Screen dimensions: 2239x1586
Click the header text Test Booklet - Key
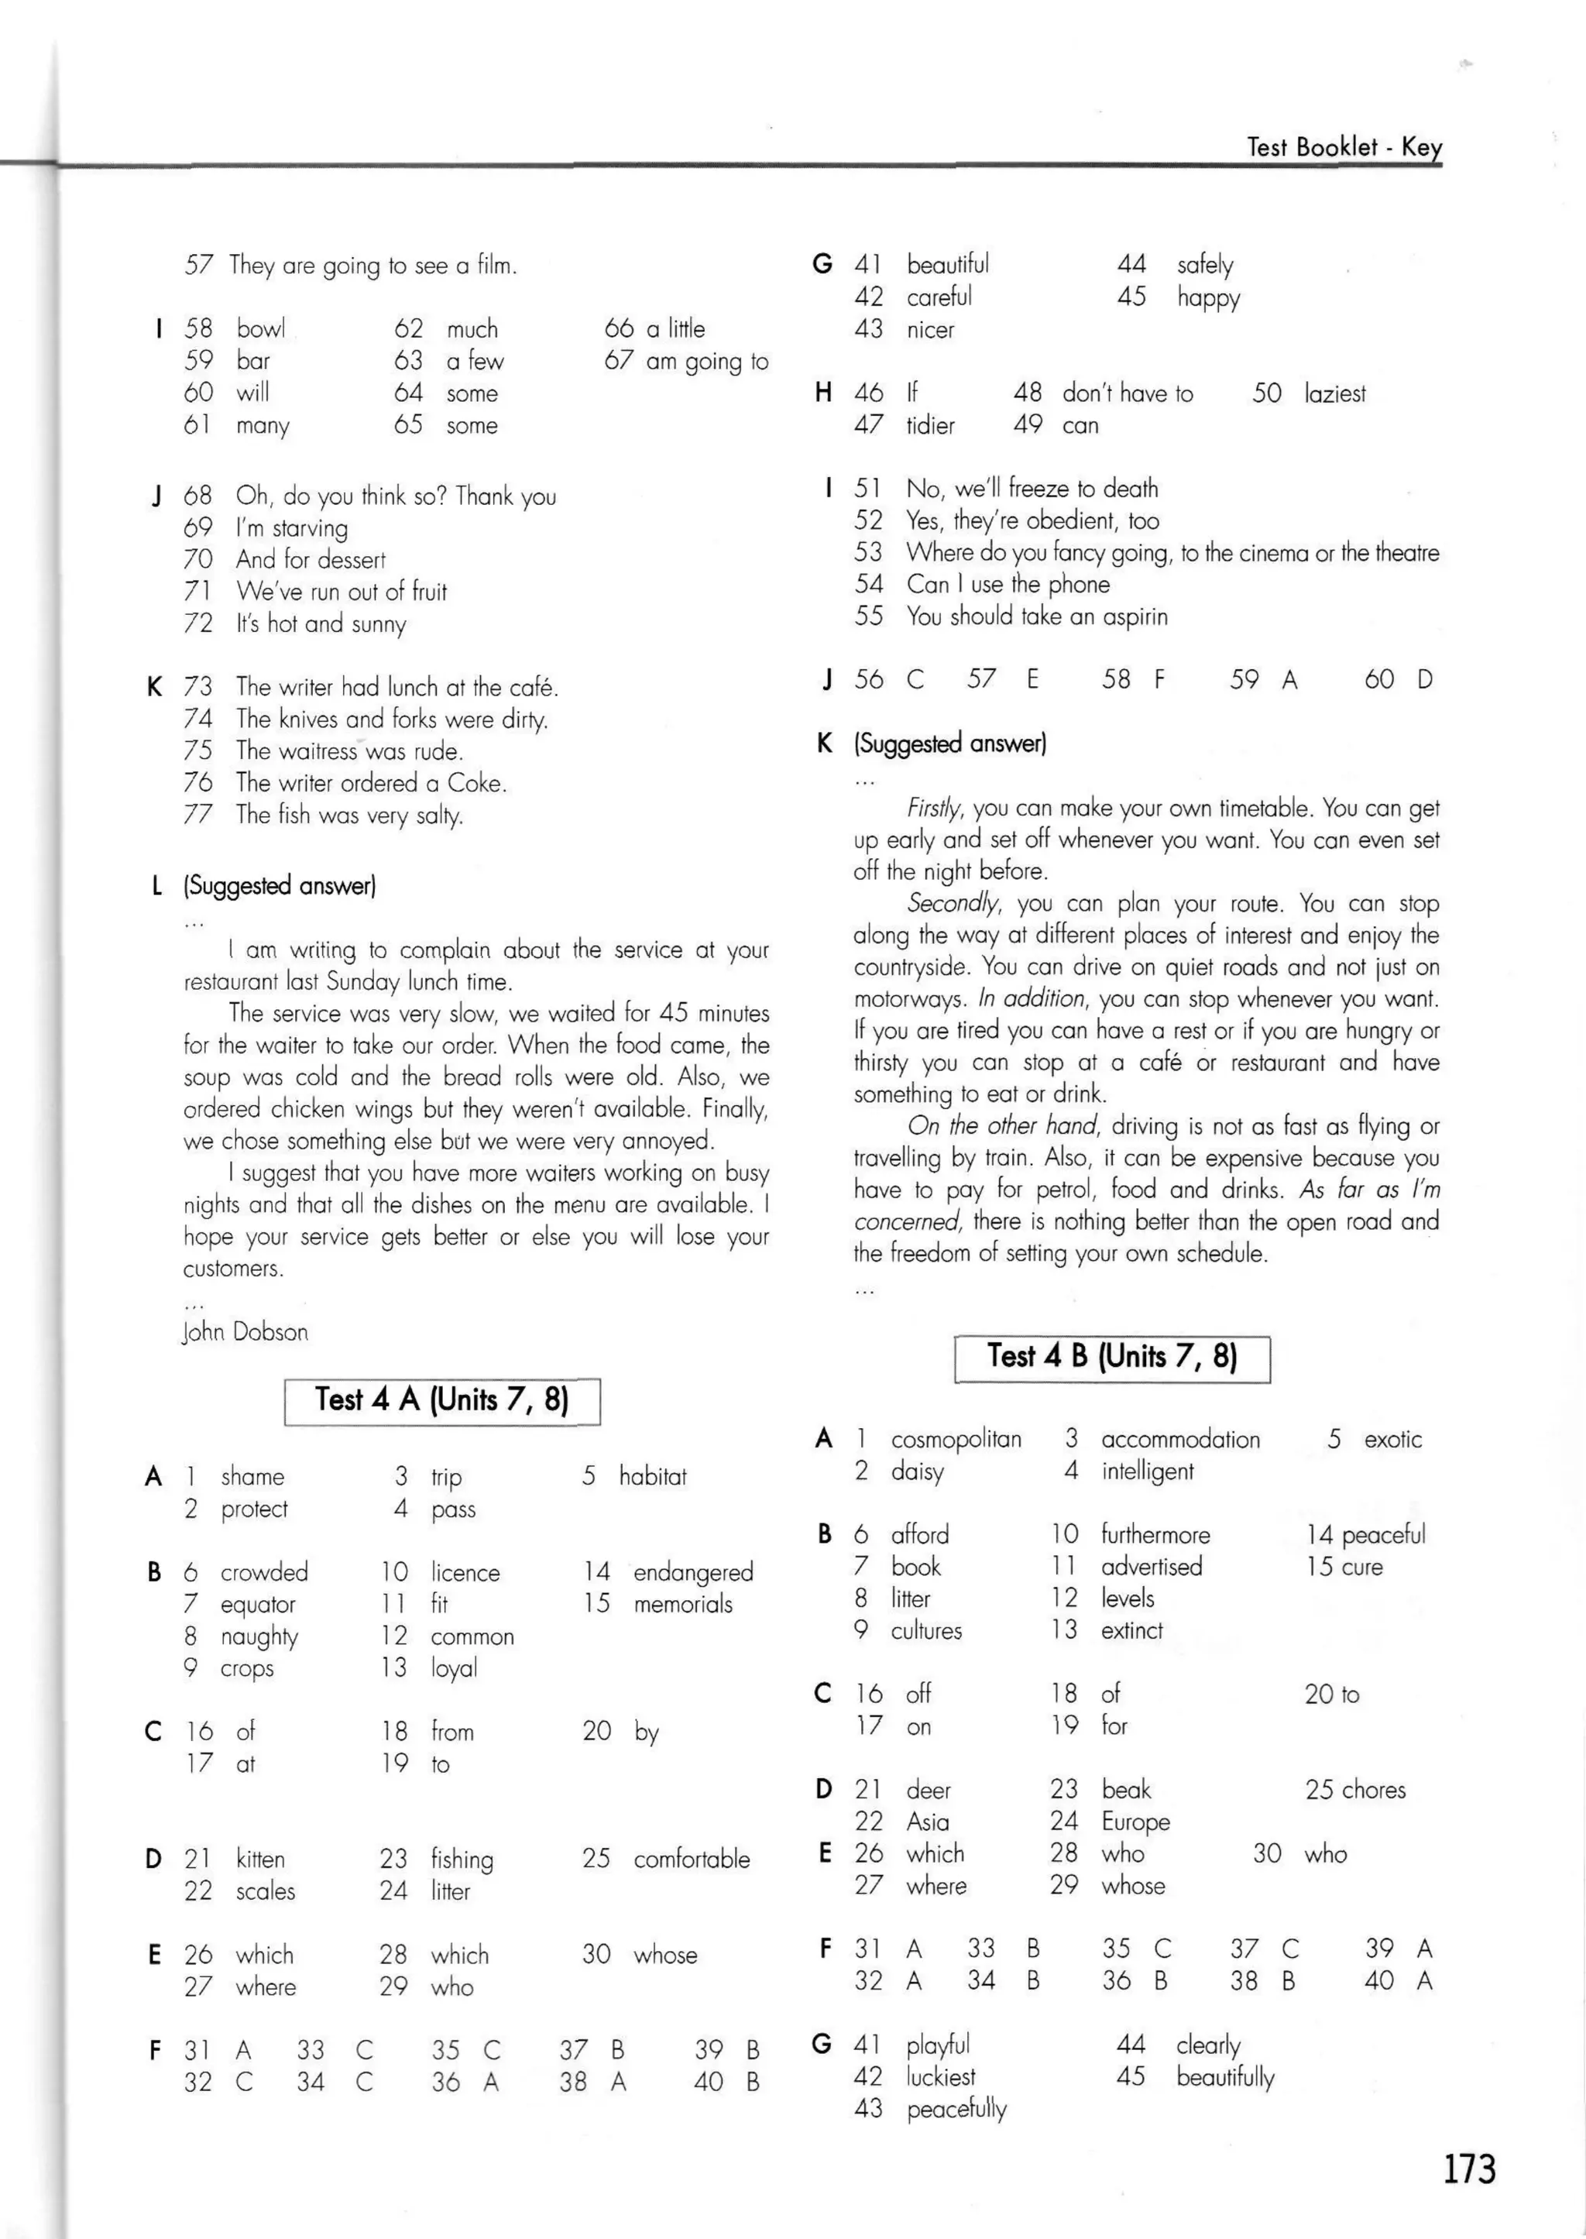1344,147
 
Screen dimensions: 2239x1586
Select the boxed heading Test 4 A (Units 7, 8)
441,1400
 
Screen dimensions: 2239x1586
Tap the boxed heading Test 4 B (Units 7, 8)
1111,1358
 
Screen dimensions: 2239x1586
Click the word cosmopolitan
956,1439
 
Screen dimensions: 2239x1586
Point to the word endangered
693,1572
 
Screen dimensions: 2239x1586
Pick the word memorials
682,1603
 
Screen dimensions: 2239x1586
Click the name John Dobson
245,1332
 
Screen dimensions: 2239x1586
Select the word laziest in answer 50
1334,393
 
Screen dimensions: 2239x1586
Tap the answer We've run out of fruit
341,592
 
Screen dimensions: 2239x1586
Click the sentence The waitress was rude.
349,751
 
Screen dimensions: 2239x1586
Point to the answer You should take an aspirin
1036,616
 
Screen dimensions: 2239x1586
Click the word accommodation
1179,1439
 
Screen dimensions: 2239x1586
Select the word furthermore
1155,1535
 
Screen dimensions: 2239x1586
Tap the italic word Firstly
935,809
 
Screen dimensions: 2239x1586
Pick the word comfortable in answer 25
692,1860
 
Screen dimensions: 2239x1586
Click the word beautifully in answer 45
1224,2077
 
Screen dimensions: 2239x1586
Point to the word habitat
652,1476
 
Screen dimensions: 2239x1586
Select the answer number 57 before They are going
199,266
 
